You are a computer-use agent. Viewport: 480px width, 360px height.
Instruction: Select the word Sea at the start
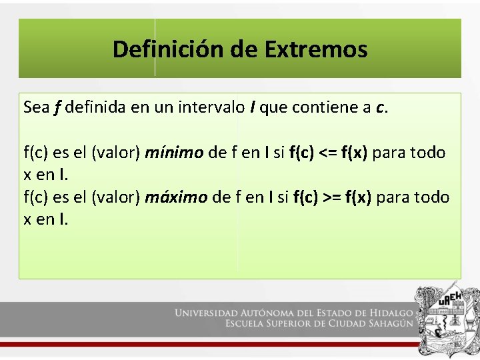click(x=35, y=107)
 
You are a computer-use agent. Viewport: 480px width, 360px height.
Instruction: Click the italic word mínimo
click(x=174, y=153)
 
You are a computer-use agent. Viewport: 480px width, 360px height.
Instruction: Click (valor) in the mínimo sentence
click(x=115, y=153)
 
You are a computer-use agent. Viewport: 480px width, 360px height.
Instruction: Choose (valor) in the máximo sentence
click(x=115, y=197)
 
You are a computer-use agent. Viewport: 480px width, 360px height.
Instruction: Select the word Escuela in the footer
click(x=248, y=324)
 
